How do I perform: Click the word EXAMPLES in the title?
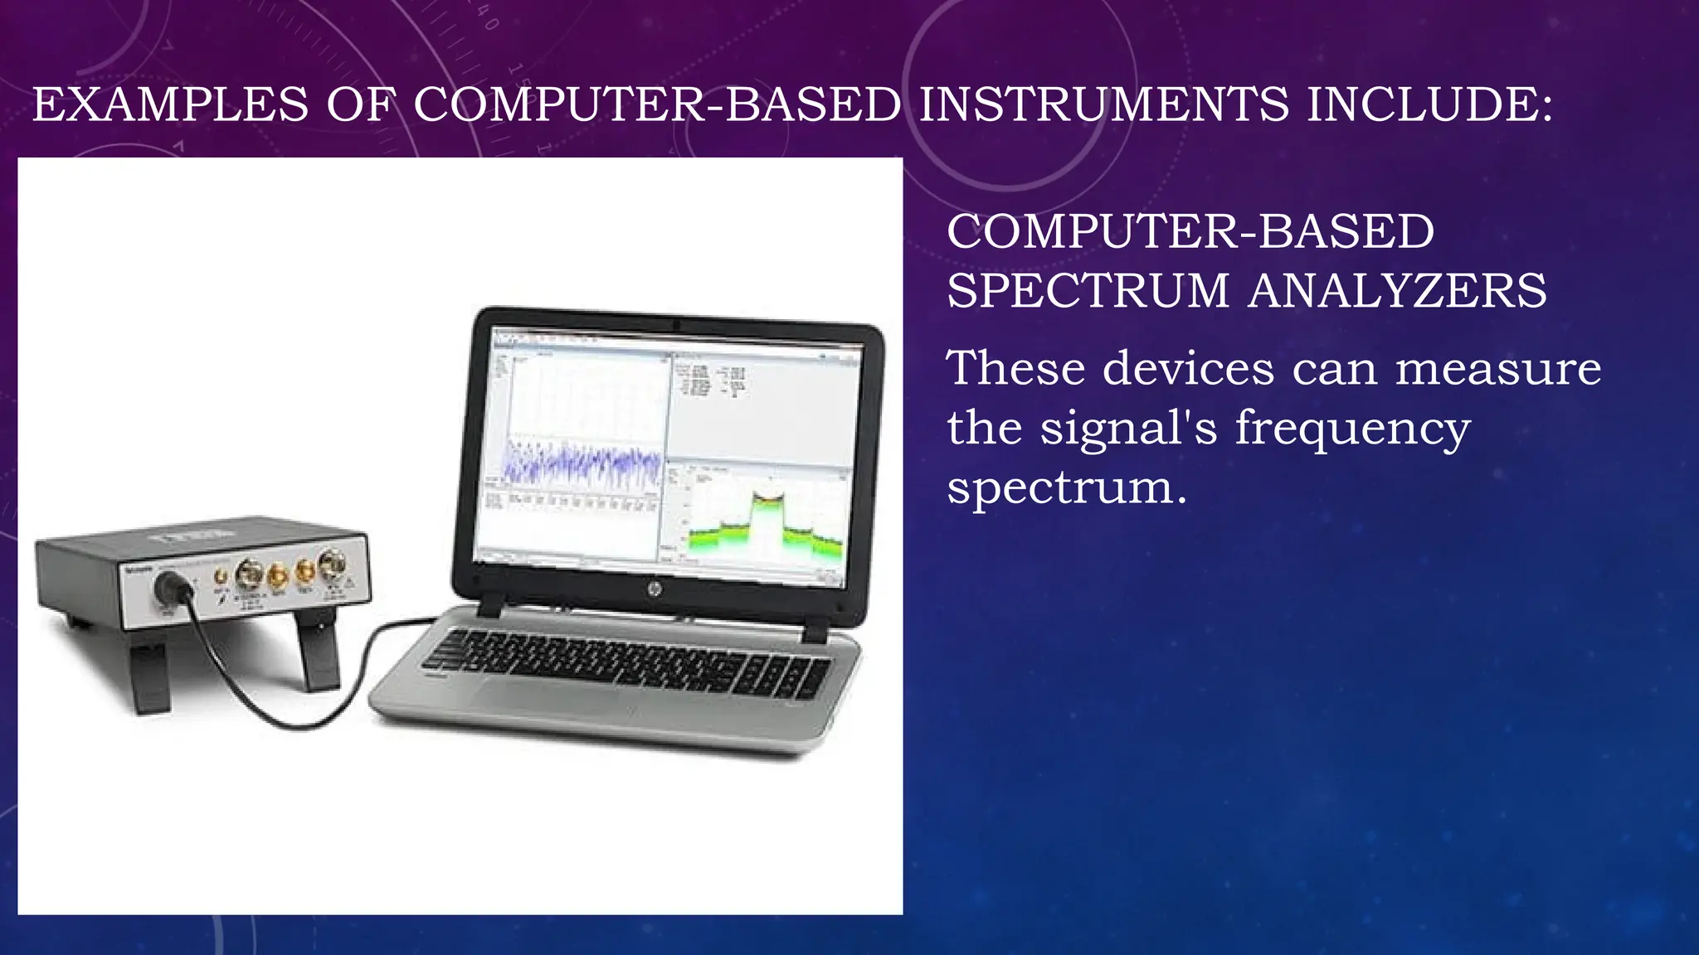point(171,105)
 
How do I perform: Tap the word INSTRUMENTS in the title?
point(1103,105)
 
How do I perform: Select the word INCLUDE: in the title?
point(1429,105)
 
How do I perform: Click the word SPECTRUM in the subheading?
point(1088,291)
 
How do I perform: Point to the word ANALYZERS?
point(1398,291)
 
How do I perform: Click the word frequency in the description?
point(1352,429)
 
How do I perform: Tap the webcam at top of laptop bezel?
point(676,323)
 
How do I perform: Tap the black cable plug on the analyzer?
point(175,588)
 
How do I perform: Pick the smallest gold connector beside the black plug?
point(221,575)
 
